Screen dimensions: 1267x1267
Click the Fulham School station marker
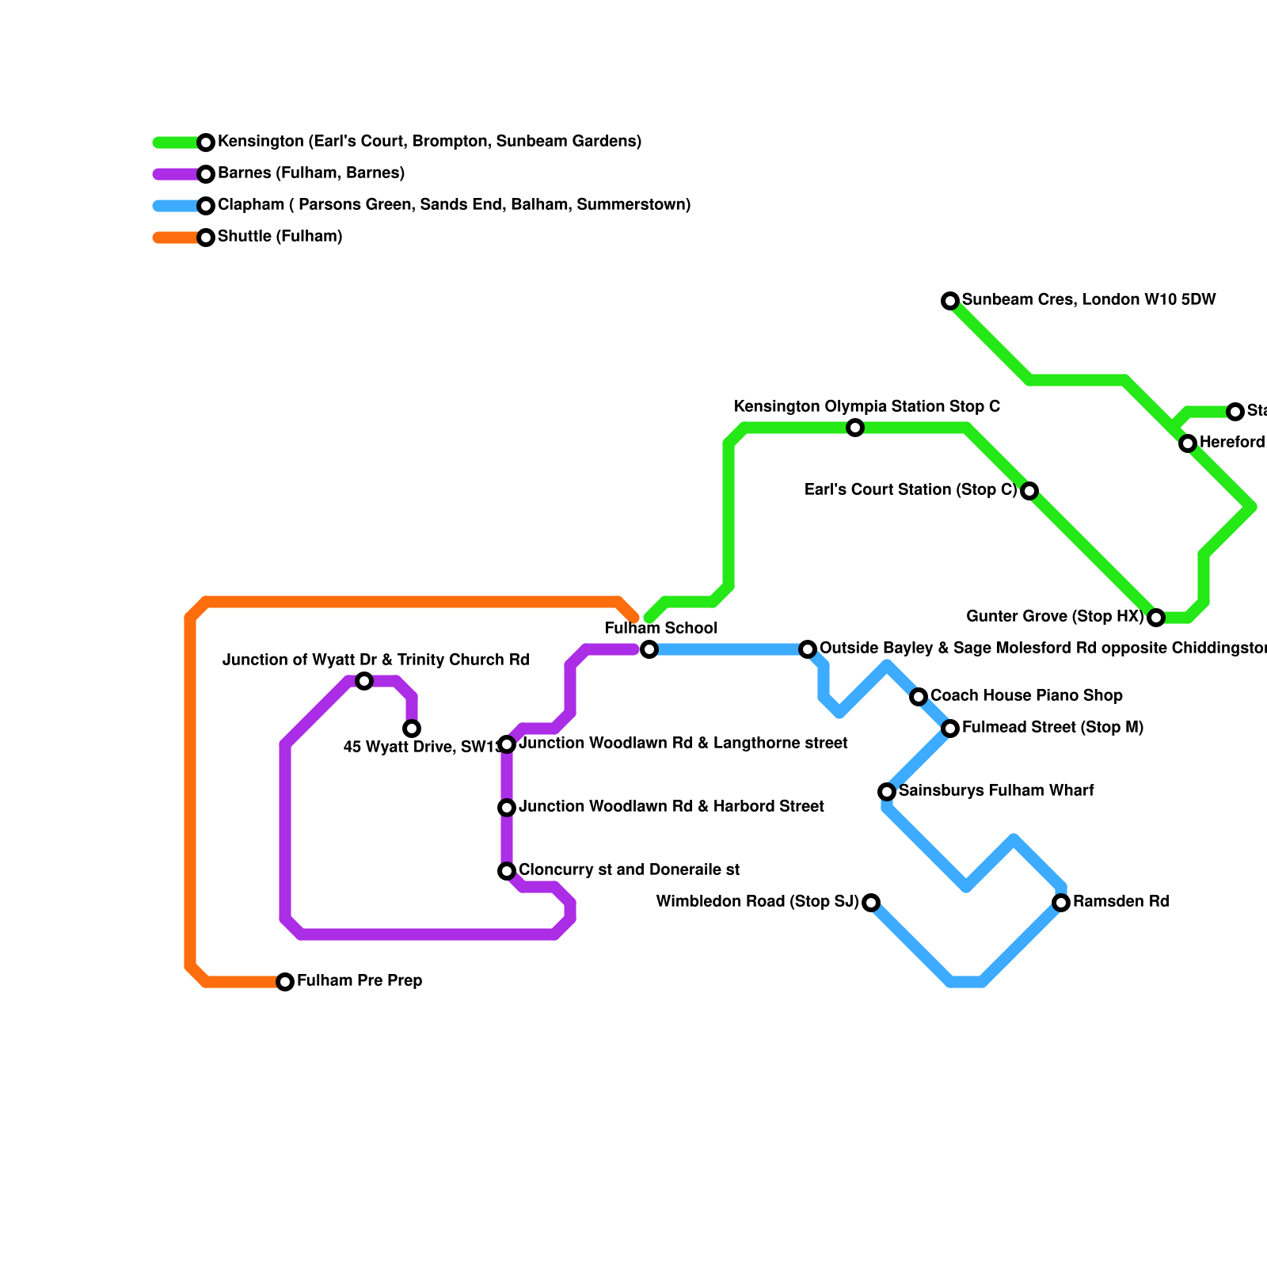pyautogui.click(x=649, y=649)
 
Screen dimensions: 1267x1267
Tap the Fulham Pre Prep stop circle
pyautogui.click(x=285, y=982)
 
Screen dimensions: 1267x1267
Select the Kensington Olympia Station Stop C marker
pyautogui.click(x=855, y=428)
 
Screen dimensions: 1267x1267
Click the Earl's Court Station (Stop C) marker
pyautogui.click(x=1029, y=491)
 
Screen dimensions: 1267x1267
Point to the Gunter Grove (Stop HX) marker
pyautogui.click(x=1156, y=618)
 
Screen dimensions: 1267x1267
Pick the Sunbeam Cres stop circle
pyautogui.click(x=950, y=301)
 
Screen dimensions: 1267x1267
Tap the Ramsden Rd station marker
pyautogui.click(x=1061, y=903)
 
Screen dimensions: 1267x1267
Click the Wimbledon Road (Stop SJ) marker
pyautogui.click(x=871, y=903)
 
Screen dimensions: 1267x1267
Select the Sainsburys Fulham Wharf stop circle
pyautogui.click(x=887, y=792)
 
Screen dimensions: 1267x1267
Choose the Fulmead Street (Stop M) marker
pyautogui.click(x=950, y=729)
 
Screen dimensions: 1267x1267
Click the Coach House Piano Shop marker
pyautogui.click(x=919, y=697)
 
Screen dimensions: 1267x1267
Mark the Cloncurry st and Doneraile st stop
pyautogui.click(x=507, y=871)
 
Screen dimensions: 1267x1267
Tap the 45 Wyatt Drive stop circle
pyautogui.click(x=412, y=729)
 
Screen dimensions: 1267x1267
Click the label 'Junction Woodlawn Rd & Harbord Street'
pyautogui.click(x=672, y=807)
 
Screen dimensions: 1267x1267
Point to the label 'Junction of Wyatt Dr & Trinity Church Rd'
pyautogui.click(x=376, y=660)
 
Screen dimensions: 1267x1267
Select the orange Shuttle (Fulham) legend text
pyautogui.click(x=280, y=237)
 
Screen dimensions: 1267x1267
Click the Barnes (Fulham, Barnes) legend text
pyautogui.click(x=311, y=173)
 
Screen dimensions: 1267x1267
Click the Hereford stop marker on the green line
pyautogui.click(x=1188, y=443)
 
